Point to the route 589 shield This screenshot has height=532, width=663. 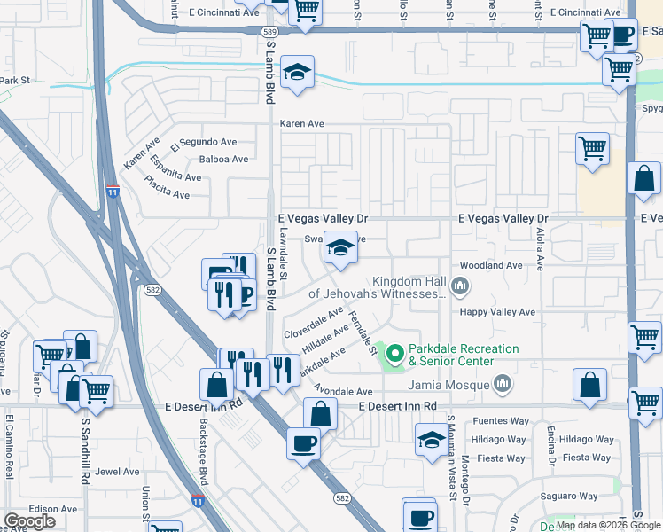tap(270, 31)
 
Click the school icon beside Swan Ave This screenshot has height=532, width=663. tap(340, 248)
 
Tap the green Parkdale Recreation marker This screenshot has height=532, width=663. tap(393, 353)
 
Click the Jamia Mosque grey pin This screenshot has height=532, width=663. tap(503, 384)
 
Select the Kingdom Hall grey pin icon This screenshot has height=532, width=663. tap(459, 286)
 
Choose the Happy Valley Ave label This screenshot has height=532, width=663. tap(497, 312)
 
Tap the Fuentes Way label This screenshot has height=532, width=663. tap(486, 422)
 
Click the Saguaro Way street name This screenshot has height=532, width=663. tap(584, 495)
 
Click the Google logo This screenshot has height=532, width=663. tap(30, 521)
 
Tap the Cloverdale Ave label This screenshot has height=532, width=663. tap(313, 322)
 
